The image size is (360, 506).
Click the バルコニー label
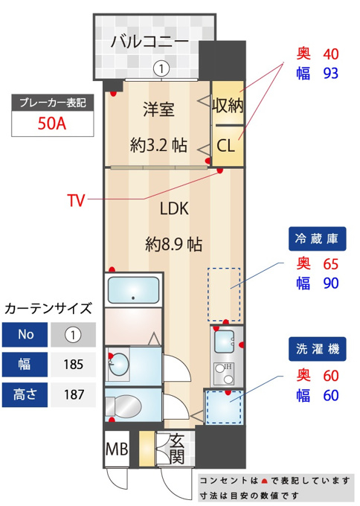(150, 42)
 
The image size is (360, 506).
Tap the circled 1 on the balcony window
(161, 68)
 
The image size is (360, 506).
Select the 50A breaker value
(52, 124)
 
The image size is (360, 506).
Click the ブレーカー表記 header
(53, 103)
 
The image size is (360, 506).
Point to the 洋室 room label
(158, 109)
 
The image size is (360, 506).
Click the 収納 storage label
(228, 105)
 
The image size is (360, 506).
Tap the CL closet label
(225, 146)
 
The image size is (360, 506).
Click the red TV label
(76, 200)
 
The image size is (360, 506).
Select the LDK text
(174, 208)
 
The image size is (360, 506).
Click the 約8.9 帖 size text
(174, 244)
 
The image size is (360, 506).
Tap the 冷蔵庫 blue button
(317, 239)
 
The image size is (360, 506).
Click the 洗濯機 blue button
(317, 349)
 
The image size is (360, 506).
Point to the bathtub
(133, 290)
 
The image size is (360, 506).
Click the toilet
(124, 406)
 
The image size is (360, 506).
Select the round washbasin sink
(118, 365)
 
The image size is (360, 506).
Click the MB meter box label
(117, 449)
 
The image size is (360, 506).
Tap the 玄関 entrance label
(177, 449)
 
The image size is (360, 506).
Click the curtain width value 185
(74, 365)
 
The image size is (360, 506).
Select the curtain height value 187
(74, 394)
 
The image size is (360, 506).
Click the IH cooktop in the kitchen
(225, 373)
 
